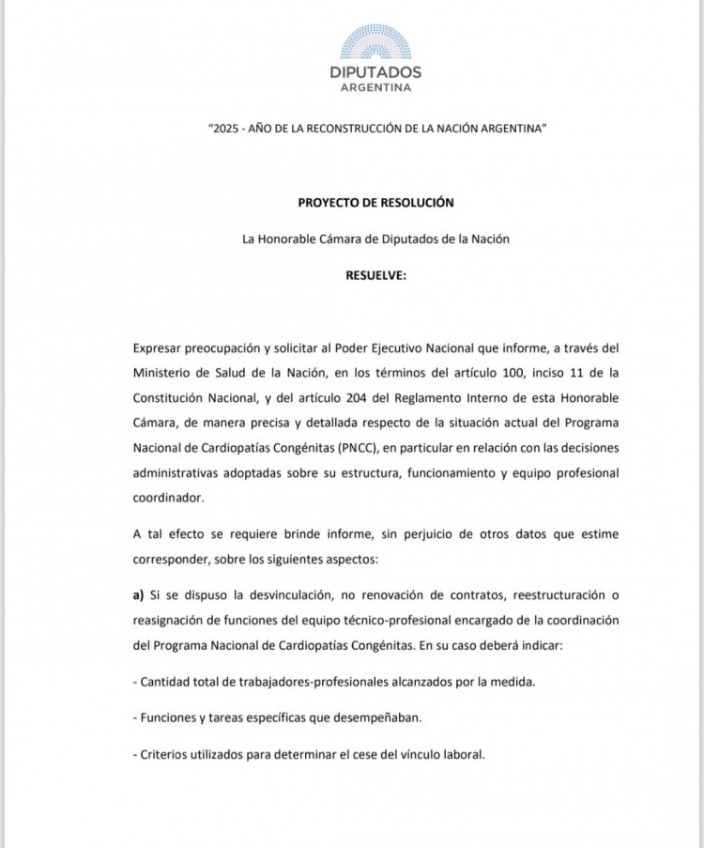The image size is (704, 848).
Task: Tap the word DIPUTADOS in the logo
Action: tap(375, 72)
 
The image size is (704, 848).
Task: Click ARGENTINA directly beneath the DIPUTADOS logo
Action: tap(375, 88)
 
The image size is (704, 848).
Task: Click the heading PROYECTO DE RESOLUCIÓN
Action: tap(375, 202)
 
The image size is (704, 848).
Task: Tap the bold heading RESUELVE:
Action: tap(375, 276)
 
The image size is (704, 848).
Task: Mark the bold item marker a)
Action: tap(139, 595)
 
